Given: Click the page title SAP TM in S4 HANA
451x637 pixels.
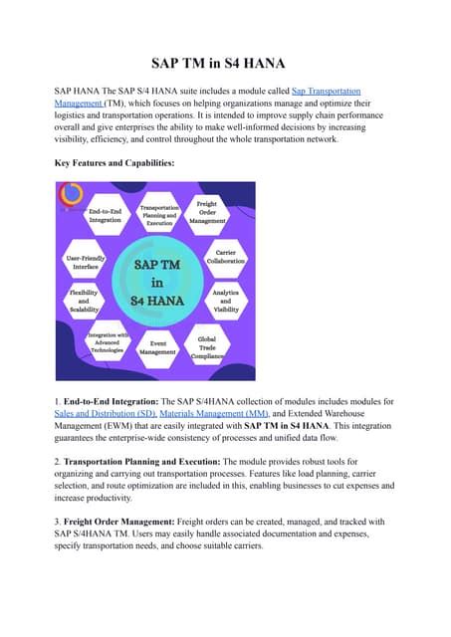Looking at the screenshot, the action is point(225,61).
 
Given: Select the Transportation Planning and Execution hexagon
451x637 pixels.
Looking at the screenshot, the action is point(158,215).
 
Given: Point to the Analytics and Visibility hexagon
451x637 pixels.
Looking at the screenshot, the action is point(226,301).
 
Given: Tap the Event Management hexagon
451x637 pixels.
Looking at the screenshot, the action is point(157,346).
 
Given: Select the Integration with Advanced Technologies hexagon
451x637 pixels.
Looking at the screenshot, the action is point(106,343).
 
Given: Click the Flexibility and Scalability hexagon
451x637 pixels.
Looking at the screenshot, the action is point(84,301).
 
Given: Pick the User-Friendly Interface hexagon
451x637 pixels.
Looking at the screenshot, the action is point(84,261).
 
